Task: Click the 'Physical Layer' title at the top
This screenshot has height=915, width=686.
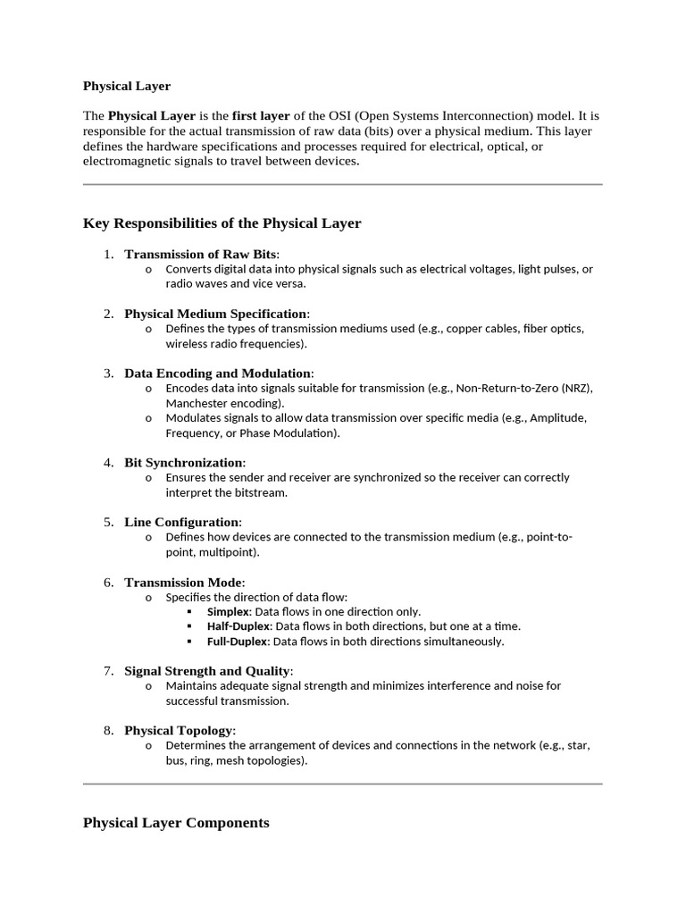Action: [x=126, y=87]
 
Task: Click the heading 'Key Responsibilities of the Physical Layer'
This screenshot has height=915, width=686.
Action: [x=222, y=223]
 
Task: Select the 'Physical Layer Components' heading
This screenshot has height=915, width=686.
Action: [x=176, y=823]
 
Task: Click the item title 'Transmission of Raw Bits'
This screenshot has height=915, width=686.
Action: [x=200, y=255]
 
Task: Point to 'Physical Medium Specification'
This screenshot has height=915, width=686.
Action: [x=215, y=314]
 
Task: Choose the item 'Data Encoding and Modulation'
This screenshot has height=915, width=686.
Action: [x=218, y=373]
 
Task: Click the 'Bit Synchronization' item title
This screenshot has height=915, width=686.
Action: [x=183, y=463]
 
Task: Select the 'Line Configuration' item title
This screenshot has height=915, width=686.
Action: [x=181, y=522]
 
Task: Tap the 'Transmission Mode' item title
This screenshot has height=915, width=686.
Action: [x=183, y=583]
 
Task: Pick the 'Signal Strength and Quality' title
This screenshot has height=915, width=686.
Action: [x=207, y=671]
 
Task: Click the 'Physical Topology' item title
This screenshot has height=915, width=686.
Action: [x=178, y=731]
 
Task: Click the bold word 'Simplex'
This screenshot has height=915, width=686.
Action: [x=228, y=612]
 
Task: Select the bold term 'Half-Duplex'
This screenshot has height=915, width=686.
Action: [x=238, y=626]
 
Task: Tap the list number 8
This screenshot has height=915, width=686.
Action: [x=108, y=731]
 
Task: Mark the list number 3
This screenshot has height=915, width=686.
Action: [x=108, y=373]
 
